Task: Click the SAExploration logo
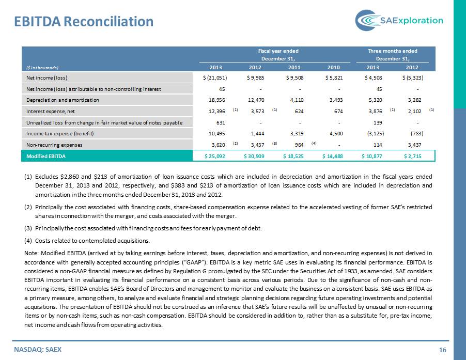click(x=399, y=20)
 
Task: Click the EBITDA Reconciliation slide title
click(x=84, y=21)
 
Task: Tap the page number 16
click(x=443, y=350)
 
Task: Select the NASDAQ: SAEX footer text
click(x=38, y=350)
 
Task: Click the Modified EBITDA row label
click(x=46, y=156)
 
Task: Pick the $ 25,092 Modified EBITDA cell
click(x=215, y=156)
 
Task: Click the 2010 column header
click(x=333, y=68)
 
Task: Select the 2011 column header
click(x=294, y=68)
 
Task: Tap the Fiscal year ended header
click(x=278, y=51)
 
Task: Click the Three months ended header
click(x=392, y=51)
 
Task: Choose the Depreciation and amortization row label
click(x=63, y=100)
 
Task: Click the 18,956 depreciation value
click(x=217, y=100)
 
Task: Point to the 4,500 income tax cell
click(x=336, y=134)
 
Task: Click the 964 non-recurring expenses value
click(x=299, y=145)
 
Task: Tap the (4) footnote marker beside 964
click(x=314, y=143)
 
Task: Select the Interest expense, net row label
click(x=51, y=112)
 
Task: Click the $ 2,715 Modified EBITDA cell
click(x=413, y=156)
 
